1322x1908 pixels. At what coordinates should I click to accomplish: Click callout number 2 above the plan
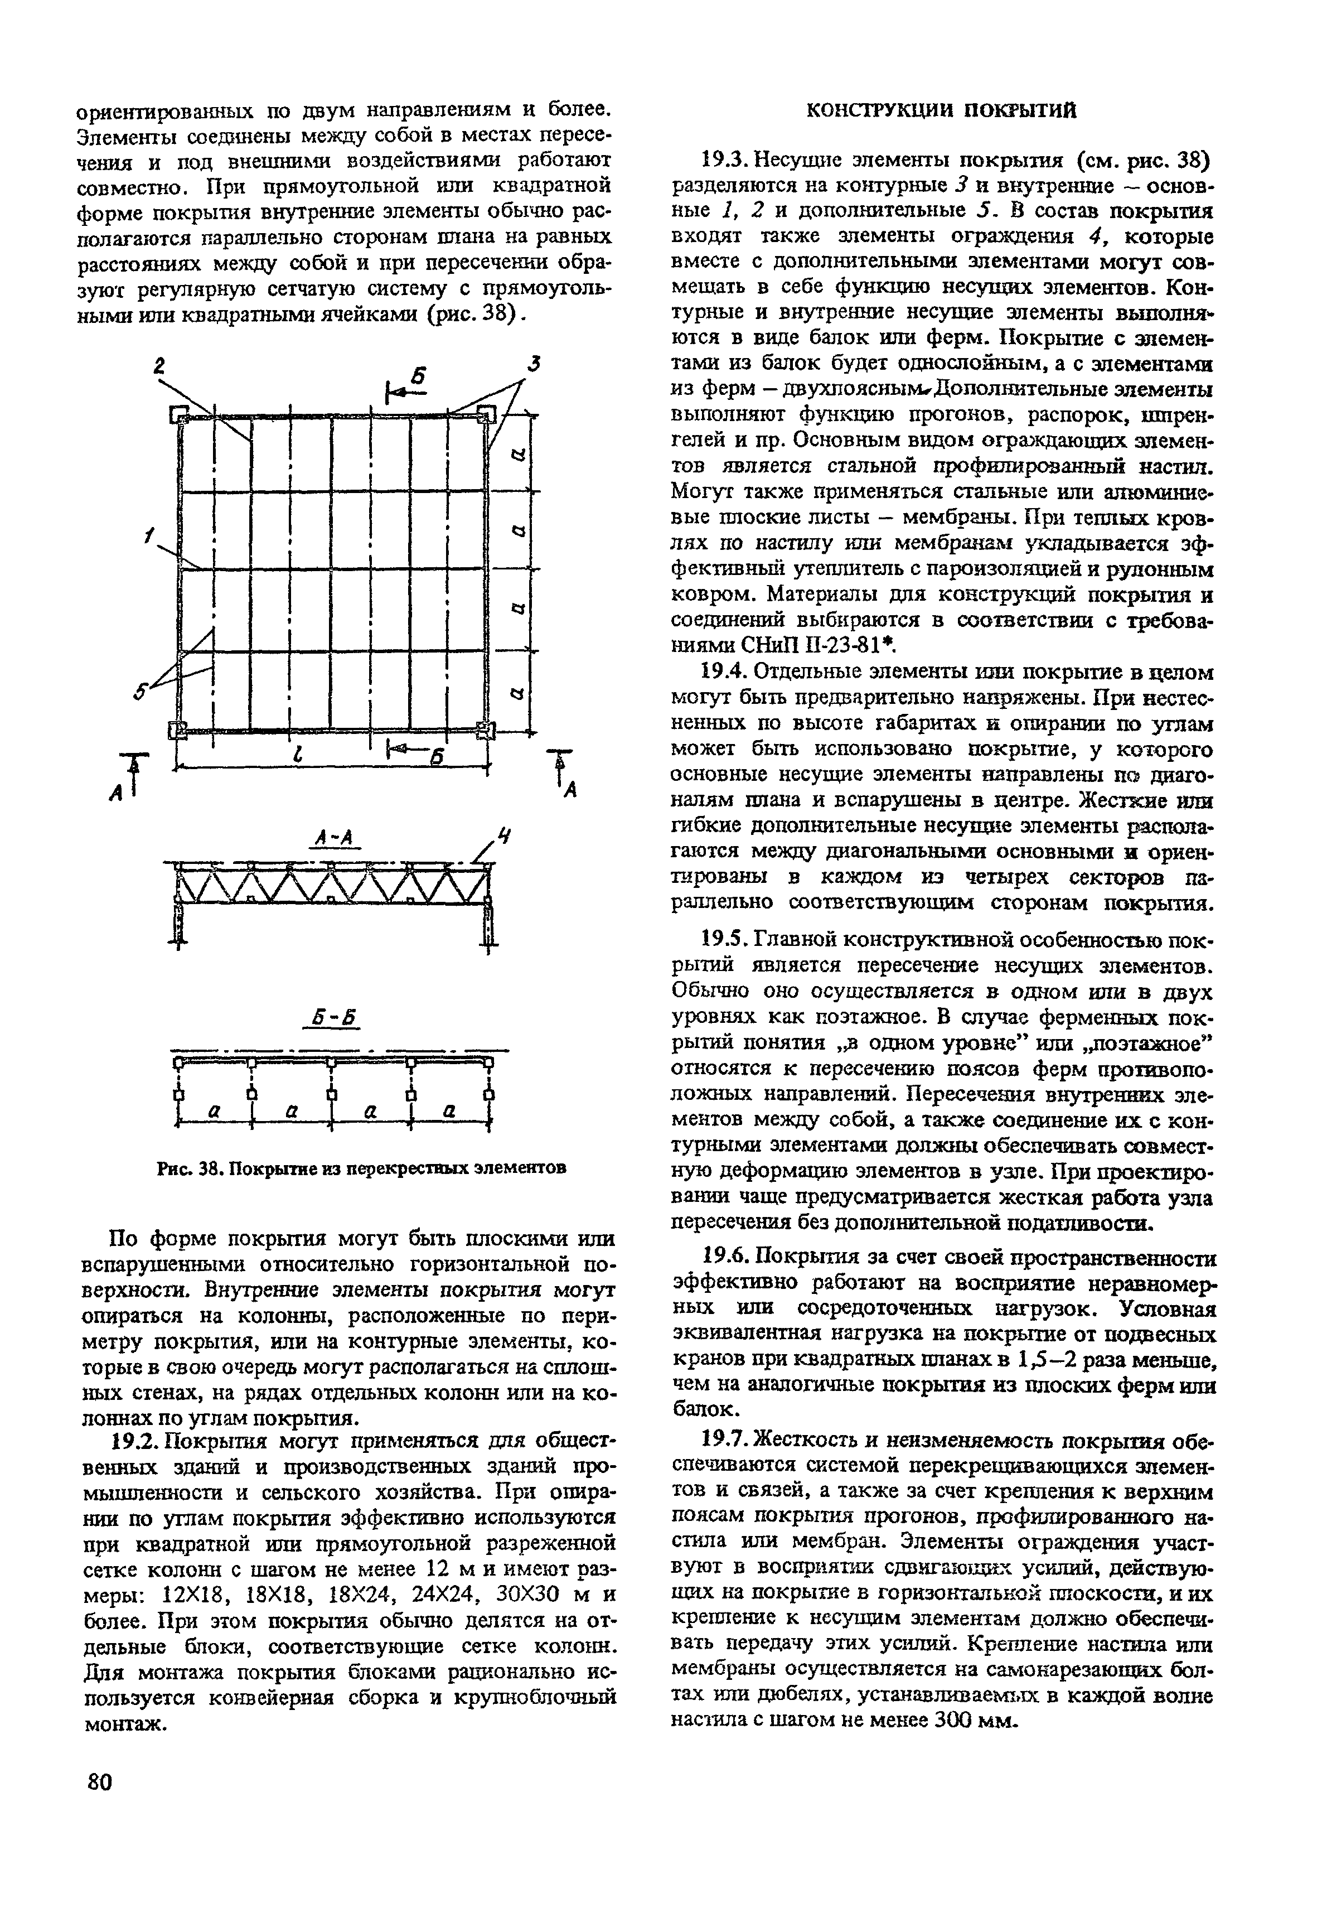tap(160, 366)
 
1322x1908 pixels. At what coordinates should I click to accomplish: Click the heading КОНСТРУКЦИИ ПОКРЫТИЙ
tap(941, 110)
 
